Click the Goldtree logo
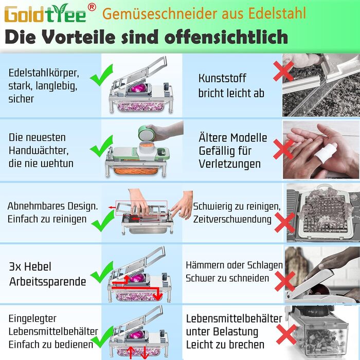[45, 13]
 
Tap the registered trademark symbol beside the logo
[92, 8]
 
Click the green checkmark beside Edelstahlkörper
[101, 75]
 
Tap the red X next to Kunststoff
[283, 71]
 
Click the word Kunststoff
[222, 78]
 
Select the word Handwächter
[39, 151]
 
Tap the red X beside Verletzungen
[283, 149]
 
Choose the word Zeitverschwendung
[232, 219]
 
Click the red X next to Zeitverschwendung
[284, 223]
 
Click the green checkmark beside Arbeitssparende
[102, 272]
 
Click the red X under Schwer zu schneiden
[285, 281]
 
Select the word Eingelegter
[32, 319]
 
